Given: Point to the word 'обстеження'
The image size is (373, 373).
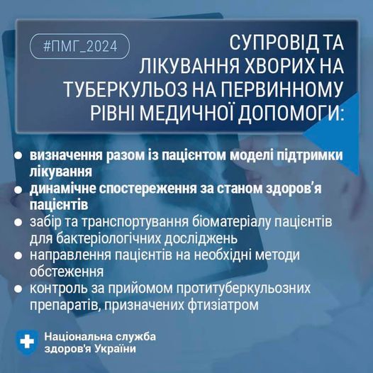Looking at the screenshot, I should (66, 271).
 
